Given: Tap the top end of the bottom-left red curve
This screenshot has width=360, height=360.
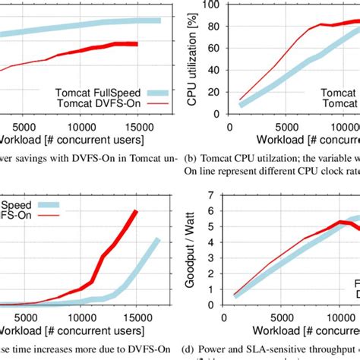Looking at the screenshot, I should (136, 211).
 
